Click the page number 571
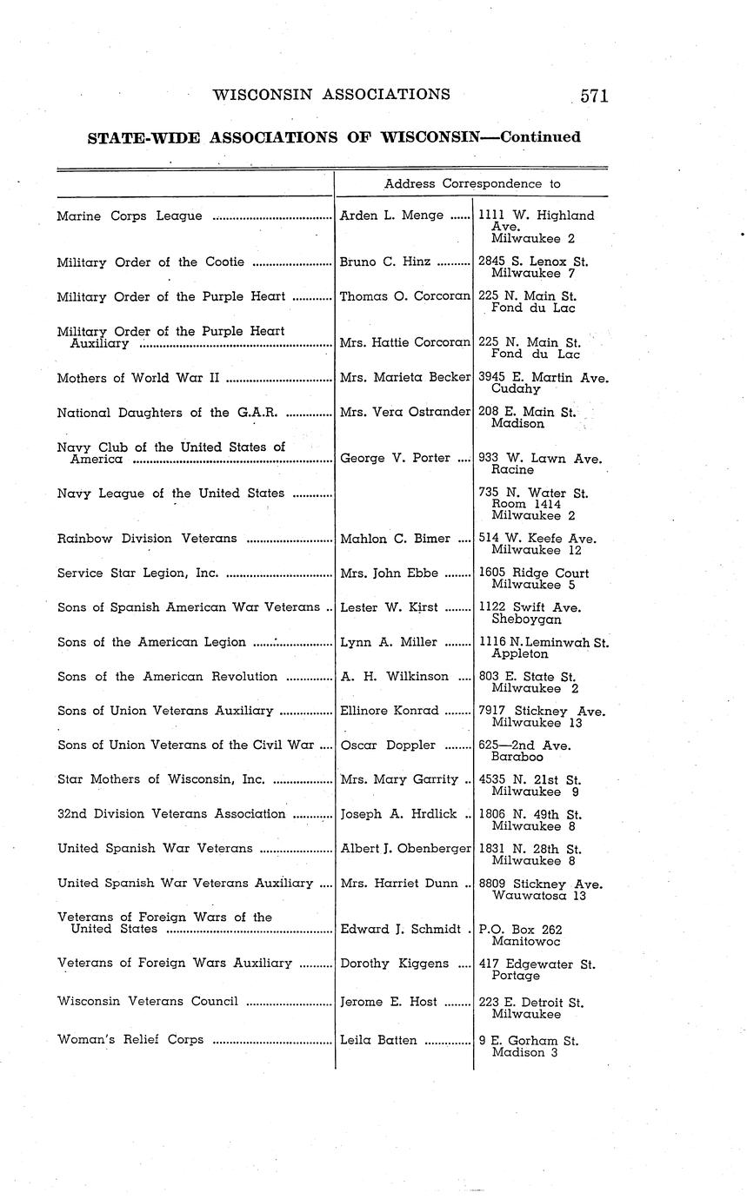coord(594,96)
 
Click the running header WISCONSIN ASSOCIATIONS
coord(331,95)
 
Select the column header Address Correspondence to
coord(472,184)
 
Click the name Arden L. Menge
coord(391,215)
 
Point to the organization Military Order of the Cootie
coord(150,262)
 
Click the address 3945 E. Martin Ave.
coord(544,378)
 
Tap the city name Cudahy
coord(516,389)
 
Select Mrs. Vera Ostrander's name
coord(405,413)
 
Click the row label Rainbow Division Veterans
coord(147,539)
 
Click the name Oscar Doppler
coord(389,745)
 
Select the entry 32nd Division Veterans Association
coord(171,814)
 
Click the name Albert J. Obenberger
coord(405,849)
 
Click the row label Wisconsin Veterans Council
coord(148,1001)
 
